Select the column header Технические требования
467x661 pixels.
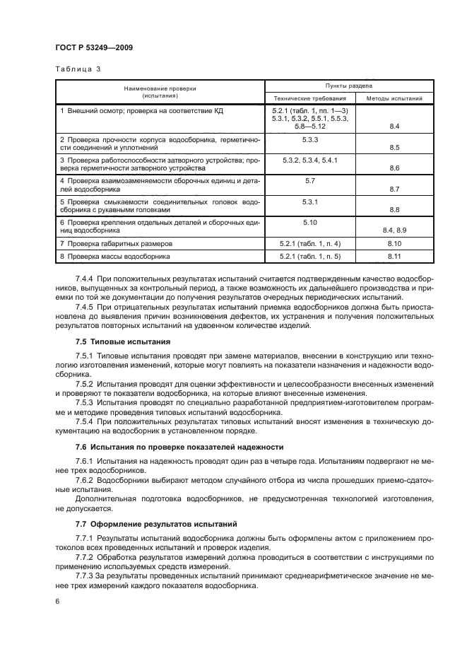(x=309, y=98)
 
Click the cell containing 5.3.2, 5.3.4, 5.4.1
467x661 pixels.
(x=309, y=160)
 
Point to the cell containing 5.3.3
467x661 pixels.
(x=309, y=140)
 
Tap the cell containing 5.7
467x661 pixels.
(x=309, y=181)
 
